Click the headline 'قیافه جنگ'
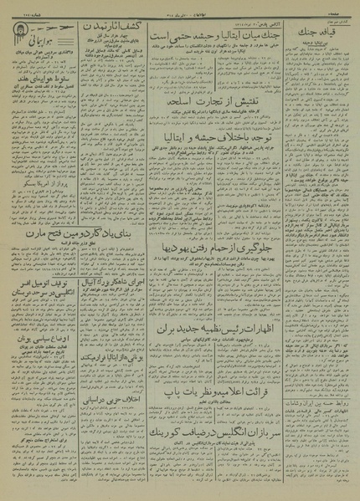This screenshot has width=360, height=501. coord(316,33)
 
